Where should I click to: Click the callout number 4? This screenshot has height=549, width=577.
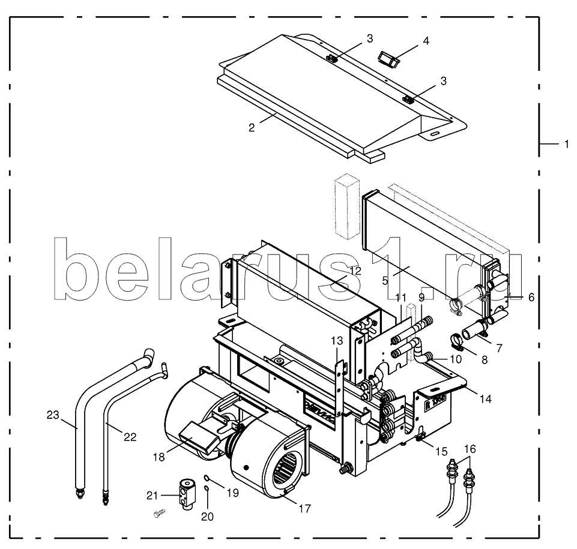click(x=426, y=40)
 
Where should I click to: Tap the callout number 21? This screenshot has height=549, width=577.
click(x=152, y=496)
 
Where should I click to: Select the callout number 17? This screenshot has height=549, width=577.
click(x=305, y=509)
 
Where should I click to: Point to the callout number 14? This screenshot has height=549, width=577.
click(x=486, y=398)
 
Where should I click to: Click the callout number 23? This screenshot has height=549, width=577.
click(x=53, y=415)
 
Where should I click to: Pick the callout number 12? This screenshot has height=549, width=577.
click(x=355, y=271)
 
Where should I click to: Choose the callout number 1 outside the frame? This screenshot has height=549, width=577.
click(x=567, y=144)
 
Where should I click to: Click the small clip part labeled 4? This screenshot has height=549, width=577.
click(x=388, y=59)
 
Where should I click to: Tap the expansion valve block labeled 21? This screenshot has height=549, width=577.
click(x=187, y=494)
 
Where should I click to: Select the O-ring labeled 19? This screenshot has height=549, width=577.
click(x=207, y=478)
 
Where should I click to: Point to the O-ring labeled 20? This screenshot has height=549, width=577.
click(x=207, y=488)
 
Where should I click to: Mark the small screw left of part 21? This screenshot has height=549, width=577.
click(x=159, y=513)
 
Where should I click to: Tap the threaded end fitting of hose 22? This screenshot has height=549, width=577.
click(x=106, y=499)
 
